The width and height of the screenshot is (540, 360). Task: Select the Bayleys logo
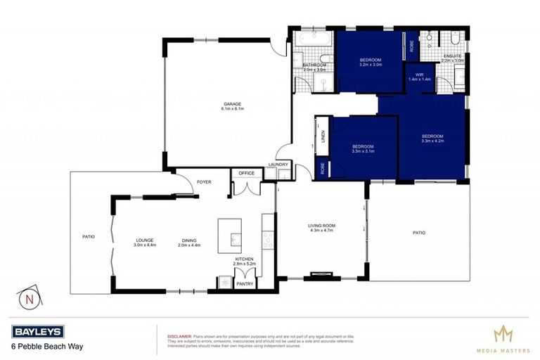tap(37, 332)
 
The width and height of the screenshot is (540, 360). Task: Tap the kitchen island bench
tap(229, 234)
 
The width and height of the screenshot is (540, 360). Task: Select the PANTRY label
tap(245, 284)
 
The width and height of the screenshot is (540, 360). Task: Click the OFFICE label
tap(246, 173)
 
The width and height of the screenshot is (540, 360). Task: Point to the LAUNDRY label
tap(278, 167)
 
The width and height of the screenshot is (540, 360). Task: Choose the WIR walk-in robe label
tap(419, 74)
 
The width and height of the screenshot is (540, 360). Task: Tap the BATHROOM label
tap(315, 65)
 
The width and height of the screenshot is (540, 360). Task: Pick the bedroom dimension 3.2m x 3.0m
tap(370, 64)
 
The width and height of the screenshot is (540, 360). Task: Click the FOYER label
tap(204, 181)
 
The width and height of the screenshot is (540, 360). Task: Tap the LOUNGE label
tap(145, 240)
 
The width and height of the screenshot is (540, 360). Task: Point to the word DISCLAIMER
tap(179, 335)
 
